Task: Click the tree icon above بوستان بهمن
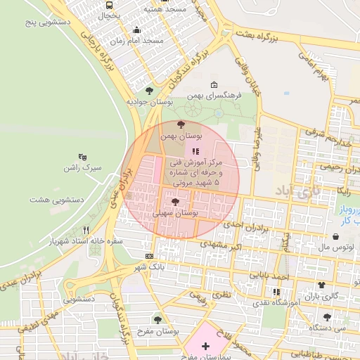tap(181, 124)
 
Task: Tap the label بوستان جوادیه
tap(149, 102)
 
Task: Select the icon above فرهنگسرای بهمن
tap(214, 84)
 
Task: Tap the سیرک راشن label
tap(82, 169)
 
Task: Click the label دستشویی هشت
tap(57, 200)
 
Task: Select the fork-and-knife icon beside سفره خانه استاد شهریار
tap(86, 229)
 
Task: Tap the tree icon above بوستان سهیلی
tap(175, 202)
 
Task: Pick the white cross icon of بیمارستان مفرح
tap(205, 346)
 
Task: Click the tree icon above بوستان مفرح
tap(157, 319)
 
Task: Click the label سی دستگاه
tap(340, 328)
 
